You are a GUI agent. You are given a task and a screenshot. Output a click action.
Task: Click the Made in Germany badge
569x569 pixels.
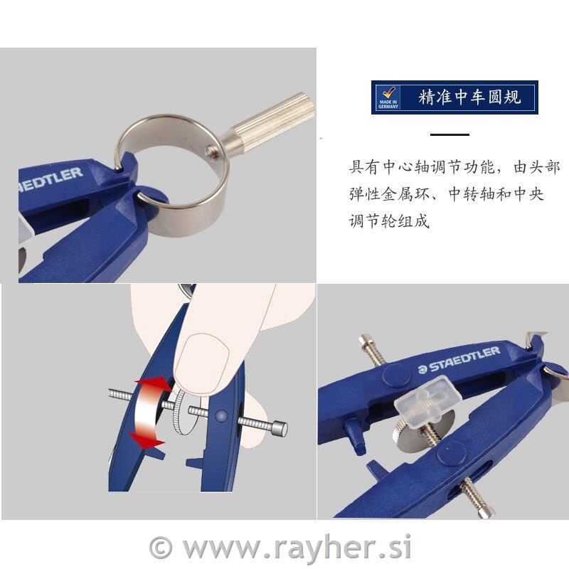(x=388, y=97)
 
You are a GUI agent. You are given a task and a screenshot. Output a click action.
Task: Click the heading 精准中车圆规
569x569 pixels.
(x=470, y=97)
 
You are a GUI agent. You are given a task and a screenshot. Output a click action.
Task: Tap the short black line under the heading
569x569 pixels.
(x=450, y=134)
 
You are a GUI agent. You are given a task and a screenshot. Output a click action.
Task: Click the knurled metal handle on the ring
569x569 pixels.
(x=267, y=119)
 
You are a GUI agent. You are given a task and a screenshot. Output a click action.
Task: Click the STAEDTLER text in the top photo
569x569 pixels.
(x=50, y=180)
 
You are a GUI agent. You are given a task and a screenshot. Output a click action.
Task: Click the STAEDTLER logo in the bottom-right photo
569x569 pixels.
(x=459, y=360)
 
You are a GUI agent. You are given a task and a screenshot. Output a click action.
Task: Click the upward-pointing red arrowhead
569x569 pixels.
(x=151, y=383)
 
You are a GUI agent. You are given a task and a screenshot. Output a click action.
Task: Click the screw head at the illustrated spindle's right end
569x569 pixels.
(x=280, y=429)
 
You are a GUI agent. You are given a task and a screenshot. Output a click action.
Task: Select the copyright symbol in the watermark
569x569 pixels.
(x=161, y=548)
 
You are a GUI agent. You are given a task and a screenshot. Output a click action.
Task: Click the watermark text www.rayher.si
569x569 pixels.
(x=297, y=547)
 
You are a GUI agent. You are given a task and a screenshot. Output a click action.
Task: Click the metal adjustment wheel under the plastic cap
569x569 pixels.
(x=413, y=435)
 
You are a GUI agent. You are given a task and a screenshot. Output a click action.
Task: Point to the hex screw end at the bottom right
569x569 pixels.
(x=486, y=511)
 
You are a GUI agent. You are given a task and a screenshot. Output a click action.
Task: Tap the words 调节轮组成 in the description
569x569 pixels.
(x=389, y=220)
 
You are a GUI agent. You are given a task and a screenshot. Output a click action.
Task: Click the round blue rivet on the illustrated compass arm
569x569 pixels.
(x=221, y=416)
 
